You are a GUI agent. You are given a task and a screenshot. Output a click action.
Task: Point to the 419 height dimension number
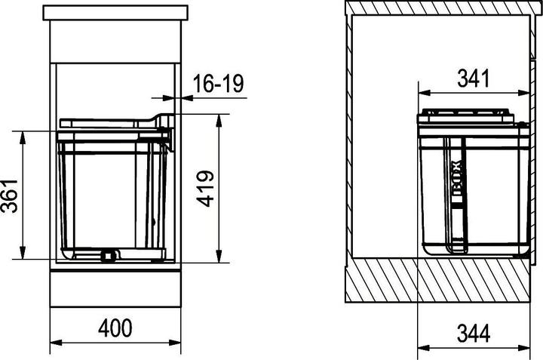[206, 189]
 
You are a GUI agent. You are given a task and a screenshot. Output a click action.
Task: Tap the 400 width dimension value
[115, 328]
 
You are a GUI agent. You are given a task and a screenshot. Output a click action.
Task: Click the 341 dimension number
[473, 78]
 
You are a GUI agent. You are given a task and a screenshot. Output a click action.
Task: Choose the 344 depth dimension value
[473, 331]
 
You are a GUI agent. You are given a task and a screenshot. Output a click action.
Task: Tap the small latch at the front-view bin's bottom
[109, 254]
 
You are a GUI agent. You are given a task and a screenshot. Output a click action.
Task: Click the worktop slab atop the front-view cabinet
[115, 11]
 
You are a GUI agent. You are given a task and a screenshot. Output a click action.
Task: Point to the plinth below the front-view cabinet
[115, 287]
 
